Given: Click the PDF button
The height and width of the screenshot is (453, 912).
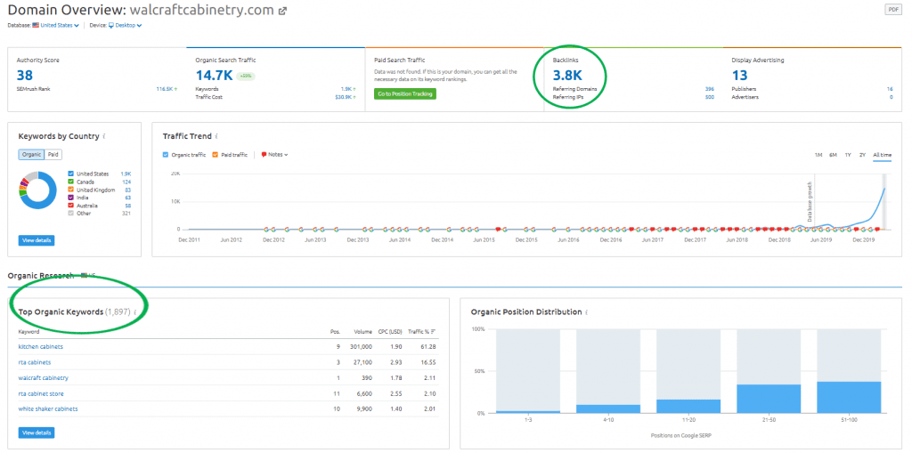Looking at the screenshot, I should [893, 9].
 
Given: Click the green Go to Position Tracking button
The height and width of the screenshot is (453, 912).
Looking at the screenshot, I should [404, 93].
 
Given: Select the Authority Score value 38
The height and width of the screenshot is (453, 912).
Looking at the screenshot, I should [24, 76].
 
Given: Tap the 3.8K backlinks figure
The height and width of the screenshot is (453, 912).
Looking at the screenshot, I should [567, 76].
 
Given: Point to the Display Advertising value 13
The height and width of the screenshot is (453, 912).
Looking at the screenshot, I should [739, 76].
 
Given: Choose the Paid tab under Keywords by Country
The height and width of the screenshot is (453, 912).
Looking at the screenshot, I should [53, 155].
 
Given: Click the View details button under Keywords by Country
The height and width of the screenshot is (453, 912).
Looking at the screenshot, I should [36, 240].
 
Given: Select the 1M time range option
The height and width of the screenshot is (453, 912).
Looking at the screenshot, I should [818, 155].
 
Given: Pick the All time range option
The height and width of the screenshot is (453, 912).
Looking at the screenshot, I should [882, 155].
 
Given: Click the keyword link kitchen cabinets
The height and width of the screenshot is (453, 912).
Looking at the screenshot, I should [41, 346].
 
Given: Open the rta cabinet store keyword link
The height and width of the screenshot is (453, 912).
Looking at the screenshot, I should [42, 393].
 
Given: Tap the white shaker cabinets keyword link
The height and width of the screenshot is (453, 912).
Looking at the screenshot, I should [48, 409].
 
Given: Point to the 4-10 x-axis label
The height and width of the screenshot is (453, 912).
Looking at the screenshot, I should [607, 420].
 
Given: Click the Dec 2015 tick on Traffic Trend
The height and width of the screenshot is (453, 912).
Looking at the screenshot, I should [526, 239].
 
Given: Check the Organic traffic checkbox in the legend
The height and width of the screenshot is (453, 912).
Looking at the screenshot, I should [166, 155].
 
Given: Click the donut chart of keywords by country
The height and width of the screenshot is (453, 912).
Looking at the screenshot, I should [38, 190].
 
